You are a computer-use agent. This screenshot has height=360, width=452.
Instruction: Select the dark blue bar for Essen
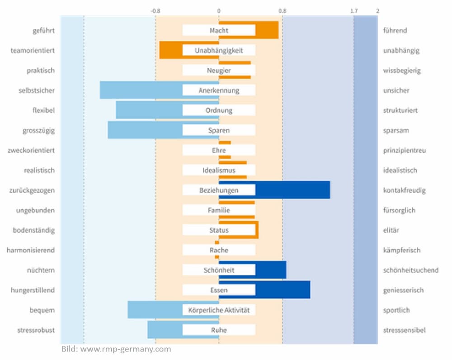(x=283, y=290)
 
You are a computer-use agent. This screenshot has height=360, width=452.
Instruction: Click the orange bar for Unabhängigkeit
(x=171, y=50)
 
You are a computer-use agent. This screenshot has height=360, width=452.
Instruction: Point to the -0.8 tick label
(x=155, y=10)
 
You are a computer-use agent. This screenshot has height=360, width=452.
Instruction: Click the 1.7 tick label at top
(x=354, y=10)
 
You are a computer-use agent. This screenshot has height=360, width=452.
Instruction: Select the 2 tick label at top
(x=377, y=10)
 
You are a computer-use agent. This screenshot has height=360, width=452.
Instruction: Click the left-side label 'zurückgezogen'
(x=32, y=190)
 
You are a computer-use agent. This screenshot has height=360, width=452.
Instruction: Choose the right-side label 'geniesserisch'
(x=403, y=290)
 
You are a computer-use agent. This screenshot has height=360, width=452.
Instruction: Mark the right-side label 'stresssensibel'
(x=404, y=330)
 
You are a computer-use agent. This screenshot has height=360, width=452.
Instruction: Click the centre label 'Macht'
(x=219, y=30)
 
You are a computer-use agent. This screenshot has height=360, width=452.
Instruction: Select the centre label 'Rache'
(x=219, y=250)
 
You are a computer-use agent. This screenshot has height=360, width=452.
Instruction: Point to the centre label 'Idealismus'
(x=219, y=171)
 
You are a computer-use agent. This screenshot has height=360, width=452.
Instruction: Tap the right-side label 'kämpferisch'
(x=401, y=250)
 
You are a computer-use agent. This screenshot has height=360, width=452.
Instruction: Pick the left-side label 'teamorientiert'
(x=33, y=51)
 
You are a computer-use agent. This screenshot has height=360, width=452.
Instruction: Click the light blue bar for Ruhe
(x=165, y=330)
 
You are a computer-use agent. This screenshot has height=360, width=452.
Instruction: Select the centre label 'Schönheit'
(x=219, y=270)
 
